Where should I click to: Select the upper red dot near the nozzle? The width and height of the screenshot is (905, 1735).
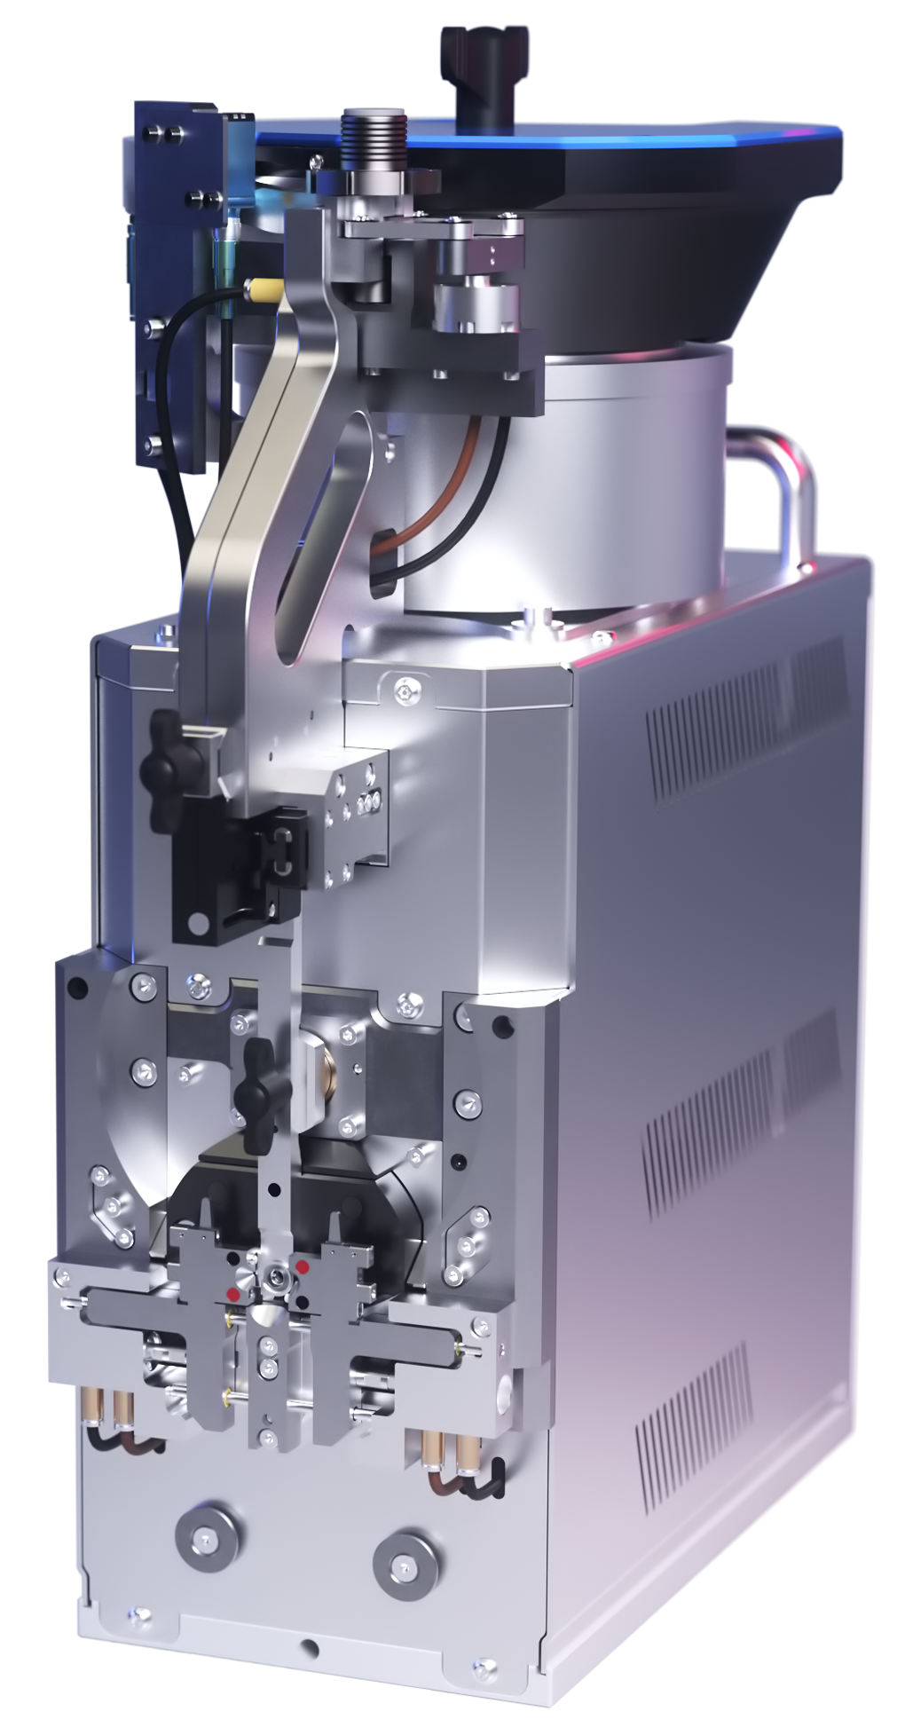[x=303, y=1265]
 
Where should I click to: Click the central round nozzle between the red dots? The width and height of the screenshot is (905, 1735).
[x=276, y=1279]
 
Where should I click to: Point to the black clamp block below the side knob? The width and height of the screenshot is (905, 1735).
[x=235, y=879]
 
